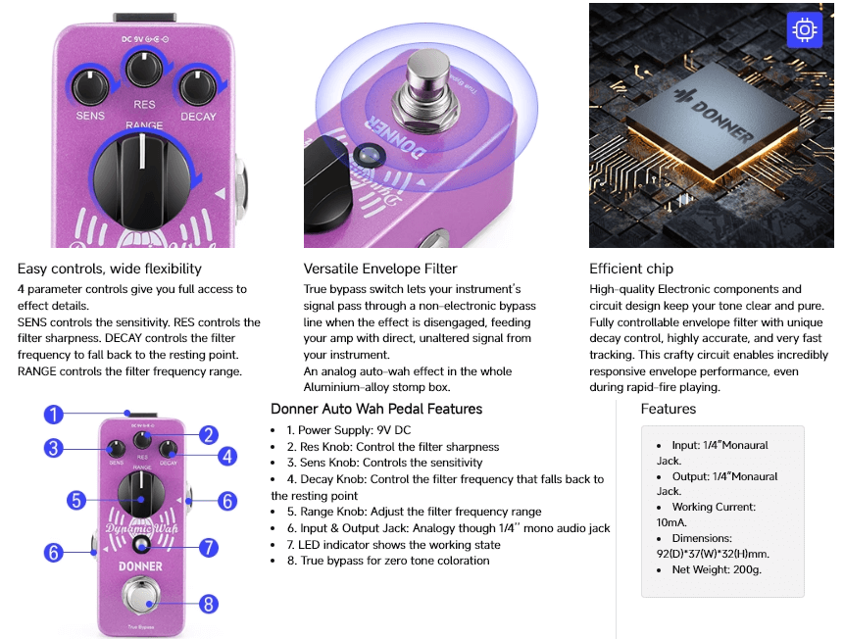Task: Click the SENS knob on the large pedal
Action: pyautogui.click(x=90, y=88)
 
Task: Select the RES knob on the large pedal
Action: pyautogui.click(x=144, y=69)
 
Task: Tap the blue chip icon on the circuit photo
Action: pyautogui.click(x=804, y=29)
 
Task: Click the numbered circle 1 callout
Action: pyautogui.click(x=53, y=415)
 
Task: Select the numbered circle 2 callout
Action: pyautogui.click(x=209, y=435)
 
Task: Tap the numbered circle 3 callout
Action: pyautogui.click(x=53, y=448)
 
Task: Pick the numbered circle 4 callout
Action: pyautogui.click(x=227, y=457)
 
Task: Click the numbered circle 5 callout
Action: pyautogui.click(x=76, y=500)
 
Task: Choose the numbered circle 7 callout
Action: pyautogui.click(x=209, y=548)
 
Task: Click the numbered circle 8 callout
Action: pyautogui.click(x=209, y=604)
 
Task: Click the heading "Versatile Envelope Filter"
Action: pyautogui.click(x=380, y=269)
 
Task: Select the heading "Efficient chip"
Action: pyautogui.click(x=631, y=269)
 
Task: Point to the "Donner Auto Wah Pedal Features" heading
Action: pyautogui.click(x=376, y=409)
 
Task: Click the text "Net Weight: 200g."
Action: pyautogui.click(x=717, y=569)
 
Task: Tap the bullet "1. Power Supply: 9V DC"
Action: pyautogui.click(x=348, y=430)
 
